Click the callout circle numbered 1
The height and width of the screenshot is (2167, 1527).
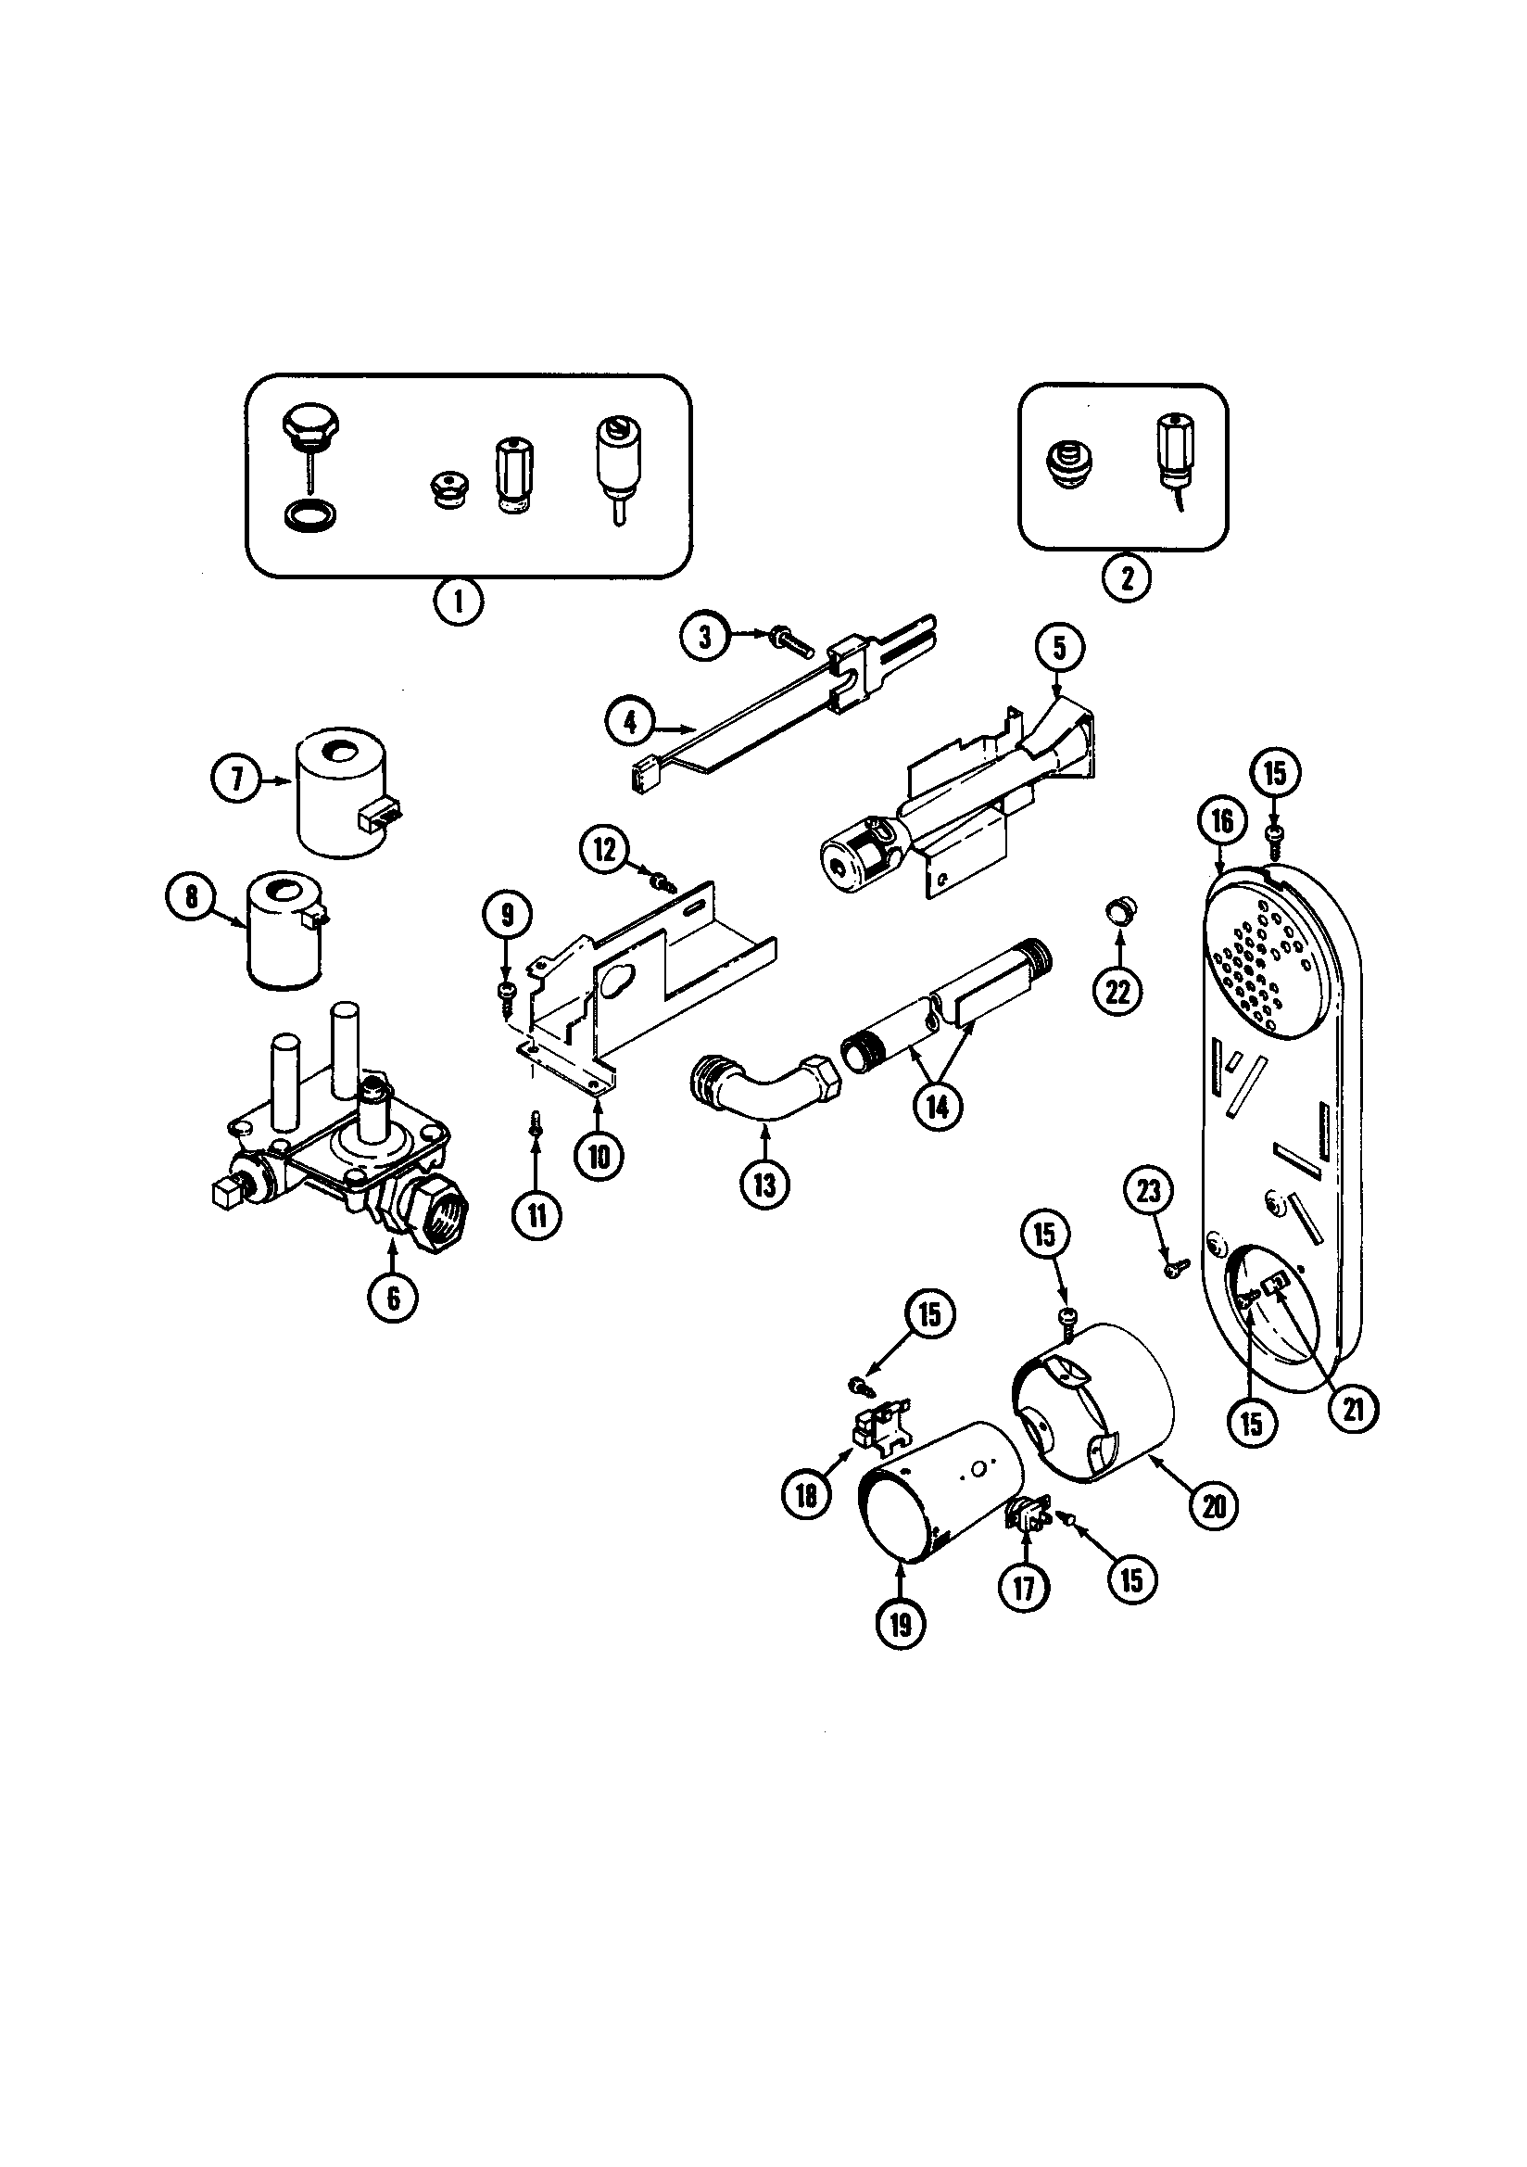[x=459, y=602]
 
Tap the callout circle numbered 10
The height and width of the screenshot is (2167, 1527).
[x=599, y=1155]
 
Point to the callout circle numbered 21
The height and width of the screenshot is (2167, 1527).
[x=1354, y=1436]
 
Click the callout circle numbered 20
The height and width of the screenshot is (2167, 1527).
[x=1214, y=1505]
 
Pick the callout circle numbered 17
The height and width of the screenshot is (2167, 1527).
[x=1024, y=1589]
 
